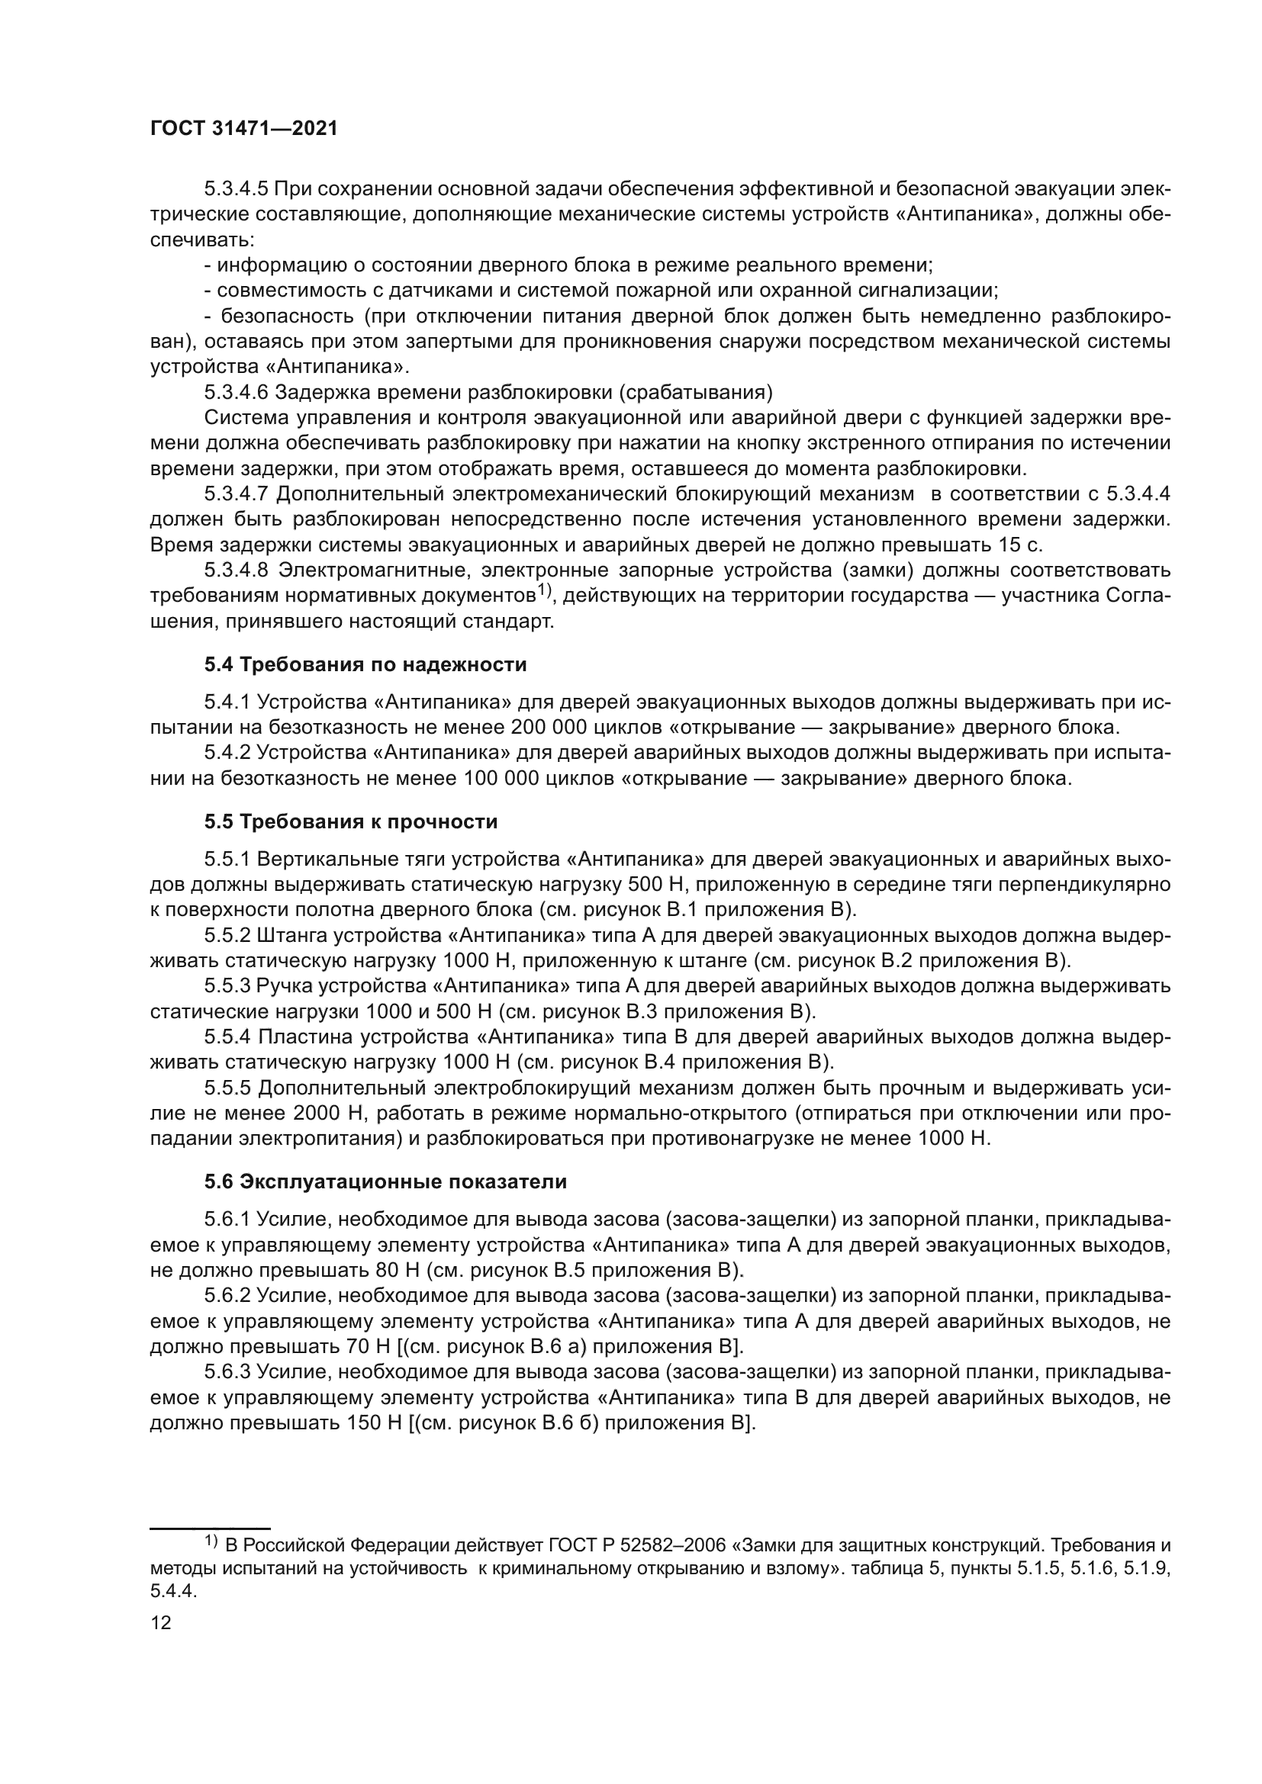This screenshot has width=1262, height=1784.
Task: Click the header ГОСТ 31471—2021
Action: (243, 129)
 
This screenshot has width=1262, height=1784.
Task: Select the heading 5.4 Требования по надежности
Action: (365, 664)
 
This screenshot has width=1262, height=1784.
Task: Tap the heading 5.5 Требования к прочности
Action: (350, 821)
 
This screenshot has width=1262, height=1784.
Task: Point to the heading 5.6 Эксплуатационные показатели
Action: (385, 1181)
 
